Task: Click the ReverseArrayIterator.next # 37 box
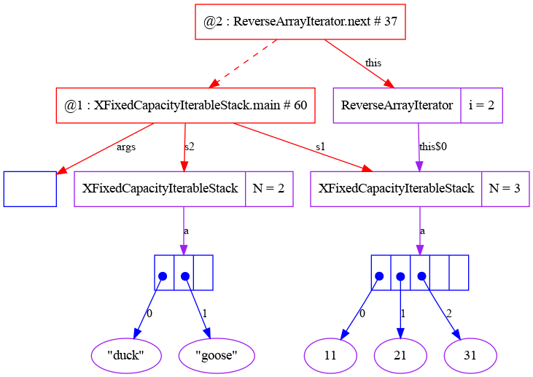[x=300, y=22]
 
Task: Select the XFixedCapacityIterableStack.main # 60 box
[x=185, y=106]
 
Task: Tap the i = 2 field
[x=481, y=106]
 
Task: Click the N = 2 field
[x=269, y=189]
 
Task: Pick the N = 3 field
[x=505, y=189]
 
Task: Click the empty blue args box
[x=30, y=189]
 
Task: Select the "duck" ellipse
[x=126, y=355]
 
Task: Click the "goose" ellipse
[x=217, y=355]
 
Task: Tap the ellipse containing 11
[x=330, y=355]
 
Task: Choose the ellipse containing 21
[x=400, y=355]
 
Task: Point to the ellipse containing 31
[x=470, y=355]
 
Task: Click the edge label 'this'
[x=373, y=63]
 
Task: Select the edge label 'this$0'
[x=432, y=147]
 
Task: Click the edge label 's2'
[x=189, y=147]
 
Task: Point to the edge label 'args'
[x=126, y=147]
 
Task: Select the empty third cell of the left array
[x=203, y=273]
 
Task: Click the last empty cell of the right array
[x=458, y=273]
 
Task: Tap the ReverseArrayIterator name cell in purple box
[x=397, y=106]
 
